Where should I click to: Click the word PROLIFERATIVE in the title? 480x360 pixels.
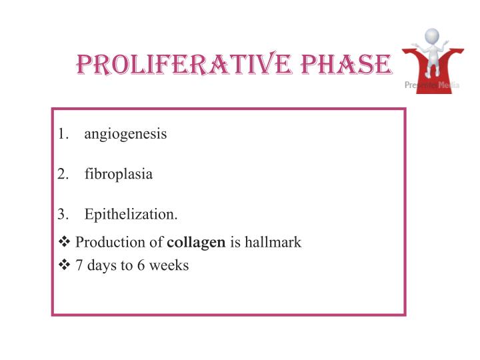point(173,65)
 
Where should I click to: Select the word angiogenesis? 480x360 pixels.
point(126,134)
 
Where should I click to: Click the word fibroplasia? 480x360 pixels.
point(119,175)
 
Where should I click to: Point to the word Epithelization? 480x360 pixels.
point(131,215)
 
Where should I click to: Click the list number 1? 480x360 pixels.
point(62,134)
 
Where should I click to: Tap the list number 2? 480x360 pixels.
point(62,175)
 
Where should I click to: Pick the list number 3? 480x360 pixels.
point(62,215)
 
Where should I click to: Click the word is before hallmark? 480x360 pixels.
point(235,243)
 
